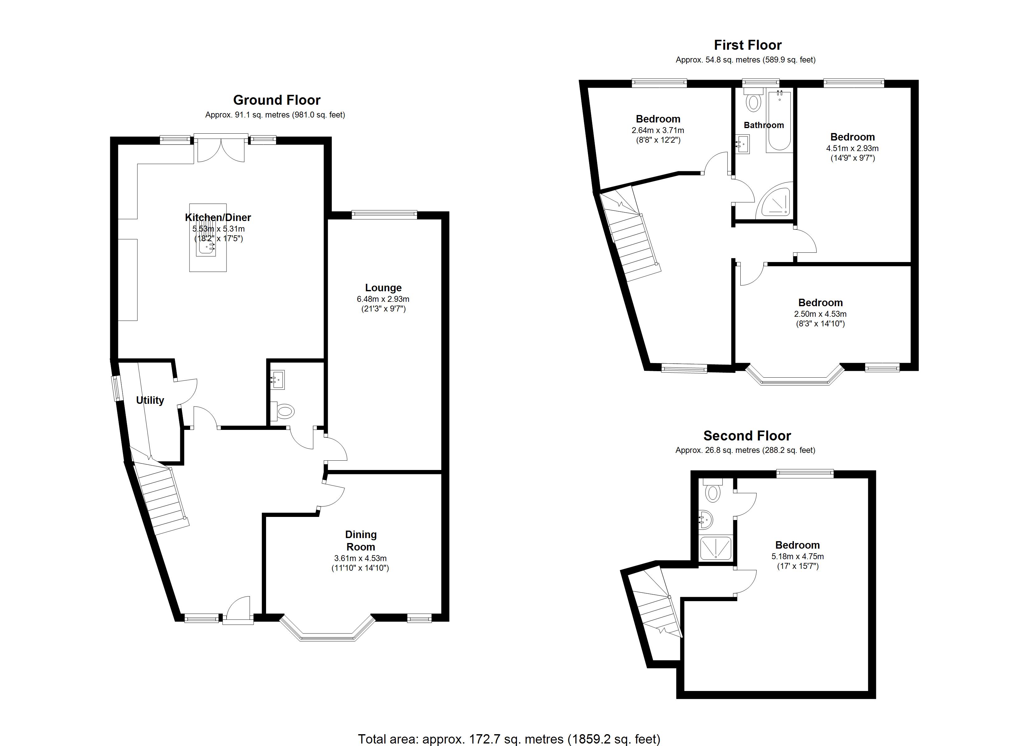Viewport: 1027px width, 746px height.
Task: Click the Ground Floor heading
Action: [277, 100]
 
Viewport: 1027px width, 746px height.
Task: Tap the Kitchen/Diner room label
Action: [218, 218]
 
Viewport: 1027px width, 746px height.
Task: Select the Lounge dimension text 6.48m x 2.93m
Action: [383, 299]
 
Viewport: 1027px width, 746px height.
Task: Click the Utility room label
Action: [150, 400]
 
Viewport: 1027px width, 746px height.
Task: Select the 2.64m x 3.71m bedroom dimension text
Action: [658, 130]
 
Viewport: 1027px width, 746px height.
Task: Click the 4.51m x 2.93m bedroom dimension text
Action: [852, 148]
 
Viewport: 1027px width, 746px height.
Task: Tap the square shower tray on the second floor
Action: [715, 548]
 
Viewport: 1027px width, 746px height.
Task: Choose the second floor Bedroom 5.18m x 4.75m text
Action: [797, 556]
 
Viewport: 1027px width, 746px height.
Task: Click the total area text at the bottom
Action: [509, 739]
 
